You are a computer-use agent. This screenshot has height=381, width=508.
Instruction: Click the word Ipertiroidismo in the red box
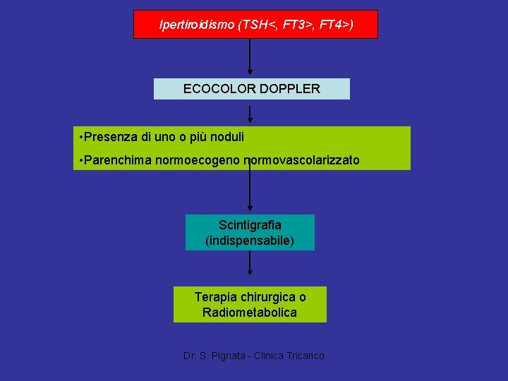(197, 25)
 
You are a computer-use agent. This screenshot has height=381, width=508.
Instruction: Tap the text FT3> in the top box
(296, 25)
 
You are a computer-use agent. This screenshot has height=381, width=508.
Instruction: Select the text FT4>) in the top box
(336, 25)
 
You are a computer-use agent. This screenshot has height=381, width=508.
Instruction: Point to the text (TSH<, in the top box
(258, 25)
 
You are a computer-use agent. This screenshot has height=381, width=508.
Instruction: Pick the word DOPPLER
(290, 89)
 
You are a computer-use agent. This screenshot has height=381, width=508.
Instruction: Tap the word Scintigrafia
(250, 225)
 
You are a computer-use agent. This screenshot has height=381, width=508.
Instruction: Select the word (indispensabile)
(250, 241)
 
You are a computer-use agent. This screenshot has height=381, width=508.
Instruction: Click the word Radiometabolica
(250, 313)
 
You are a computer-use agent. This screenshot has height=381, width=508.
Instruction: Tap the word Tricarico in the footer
(306, 356)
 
